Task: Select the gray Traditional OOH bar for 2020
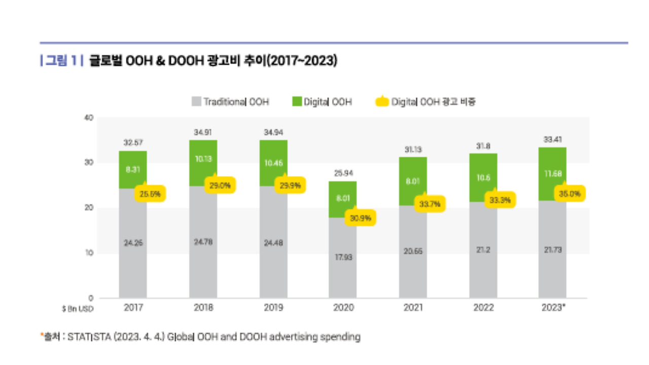[x=342, y=258]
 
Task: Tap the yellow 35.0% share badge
[x=570, y=193]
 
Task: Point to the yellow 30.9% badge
[x=360, y=218]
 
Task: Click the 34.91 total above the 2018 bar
[x=203, y=132]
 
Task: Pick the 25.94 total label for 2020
[x=343, y=173]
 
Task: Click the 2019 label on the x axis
[x=273, y=308]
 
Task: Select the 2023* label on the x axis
[x=553, y=308]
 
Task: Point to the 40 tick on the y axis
[x=89, y=118]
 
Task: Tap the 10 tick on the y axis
[x=89, y=253]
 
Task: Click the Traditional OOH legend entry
[x=230, y=102]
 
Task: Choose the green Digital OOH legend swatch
[x=296, y=101]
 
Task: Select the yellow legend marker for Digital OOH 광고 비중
[x=382, y=101]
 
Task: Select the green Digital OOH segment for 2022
[x=483, y=177]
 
